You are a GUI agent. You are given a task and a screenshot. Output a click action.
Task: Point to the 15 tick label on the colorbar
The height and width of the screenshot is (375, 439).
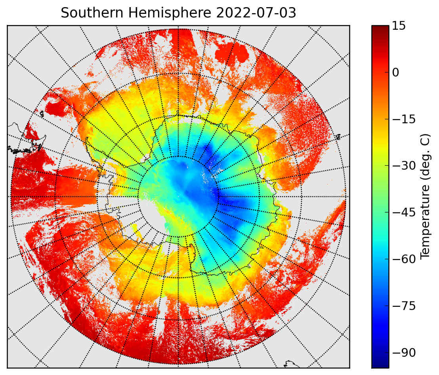click(x=399, y=26)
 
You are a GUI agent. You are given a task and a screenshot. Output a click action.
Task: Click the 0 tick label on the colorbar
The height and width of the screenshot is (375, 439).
click(x=395, y=73)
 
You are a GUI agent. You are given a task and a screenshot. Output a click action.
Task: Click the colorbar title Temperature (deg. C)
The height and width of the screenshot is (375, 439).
click(x=425, y=196)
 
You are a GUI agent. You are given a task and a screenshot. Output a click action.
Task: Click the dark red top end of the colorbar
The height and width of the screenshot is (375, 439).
click(x=380, y=28)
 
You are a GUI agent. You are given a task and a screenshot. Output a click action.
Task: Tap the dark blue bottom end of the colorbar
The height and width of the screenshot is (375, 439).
click(x=380, y=364)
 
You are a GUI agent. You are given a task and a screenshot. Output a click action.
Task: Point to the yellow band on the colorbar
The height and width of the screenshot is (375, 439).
click(x=380, y=143)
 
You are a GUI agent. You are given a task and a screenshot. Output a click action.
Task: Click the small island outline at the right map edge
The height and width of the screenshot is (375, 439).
click(x=338, y=137)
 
